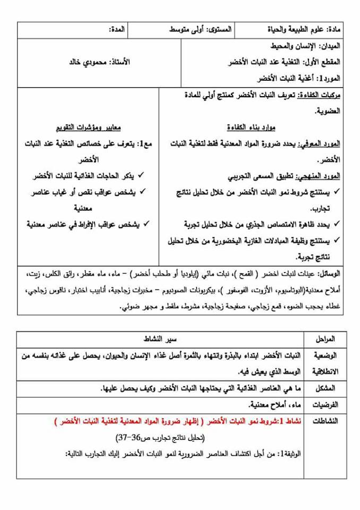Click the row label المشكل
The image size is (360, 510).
tap(325, 388)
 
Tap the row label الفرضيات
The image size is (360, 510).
tap(323, 405)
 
